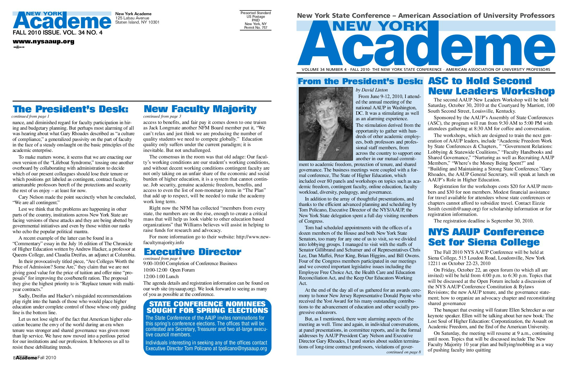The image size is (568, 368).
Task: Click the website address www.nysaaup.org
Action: pos(44,42)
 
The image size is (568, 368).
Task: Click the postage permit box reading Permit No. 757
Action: pos(256,20)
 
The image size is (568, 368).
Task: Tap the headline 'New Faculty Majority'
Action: pos(200,109)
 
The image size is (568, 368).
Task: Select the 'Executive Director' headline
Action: pos(192,252)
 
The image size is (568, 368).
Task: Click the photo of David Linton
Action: pos(326,124)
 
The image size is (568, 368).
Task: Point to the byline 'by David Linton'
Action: pos(372,90)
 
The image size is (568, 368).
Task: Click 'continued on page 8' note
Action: pos(404,352)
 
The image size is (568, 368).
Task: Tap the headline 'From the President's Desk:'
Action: pos(360,81)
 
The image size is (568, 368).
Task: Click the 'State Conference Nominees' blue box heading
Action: pos(207,307)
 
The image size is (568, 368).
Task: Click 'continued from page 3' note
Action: pos(162,116)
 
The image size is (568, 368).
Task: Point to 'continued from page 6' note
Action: pos(162,258)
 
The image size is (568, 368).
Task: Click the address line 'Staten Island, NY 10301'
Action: pos(137,22)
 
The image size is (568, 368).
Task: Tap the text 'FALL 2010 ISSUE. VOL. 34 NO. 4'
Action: pos(57,33)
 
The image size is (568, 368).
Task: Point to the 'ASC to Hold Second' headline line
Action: pos(480,81)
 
